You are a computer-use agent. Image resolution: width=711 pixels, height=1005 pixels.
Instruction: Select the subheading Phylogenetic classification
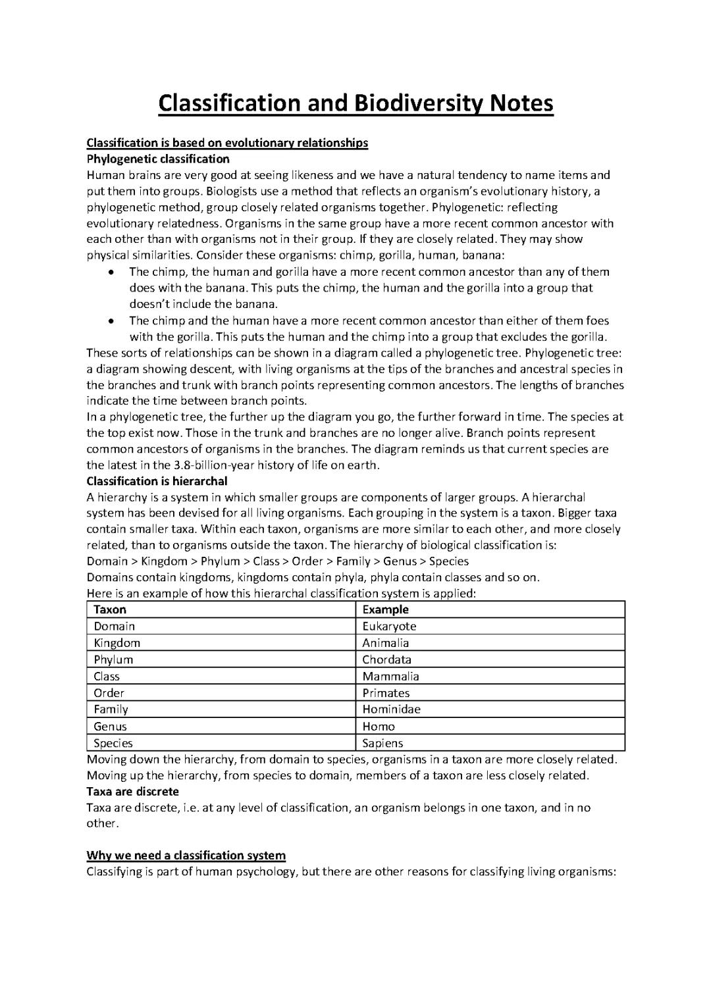158,159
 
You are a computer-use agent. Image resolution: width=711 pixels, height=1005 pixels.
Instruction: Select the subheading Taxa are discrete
132,791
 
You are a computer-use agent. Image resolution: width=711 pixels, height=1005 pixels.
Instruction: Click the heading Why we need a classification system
186,856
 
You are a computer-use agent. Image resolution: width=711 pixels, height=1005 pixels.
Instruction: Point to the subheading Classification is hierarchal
157,481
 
